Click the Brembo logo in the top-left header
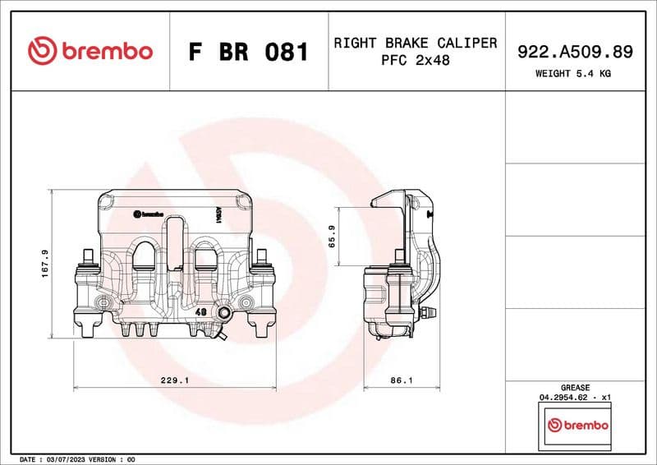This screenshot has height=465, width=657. click(90, 51)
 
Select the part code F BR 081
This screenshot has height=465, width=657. click(248, 52)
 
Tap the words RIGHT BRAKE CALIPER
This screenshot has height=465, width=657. click(415, 43)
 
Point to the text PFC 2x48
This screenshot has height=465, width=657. click(415, 61)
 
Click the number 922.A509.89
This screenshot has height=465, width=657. click(574, 52)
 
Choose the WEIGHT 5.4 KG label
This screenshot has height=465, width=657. click(574, 73)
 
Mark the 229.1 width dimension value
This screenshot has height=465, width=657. click(175, 381)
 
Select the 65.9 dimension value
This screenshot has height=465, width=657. click(332, 237)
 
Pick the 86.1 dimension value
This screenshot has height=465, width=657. click(400, 381)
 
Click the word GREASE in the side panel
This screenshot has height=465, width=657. click(574, 387)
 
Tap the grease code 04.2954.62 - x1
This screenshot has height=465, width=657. click(574, 397)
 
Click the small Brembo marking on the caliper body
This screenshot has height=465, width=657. click(148, 213)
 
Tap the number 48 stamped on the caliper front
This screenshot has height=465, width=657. click(201, 311)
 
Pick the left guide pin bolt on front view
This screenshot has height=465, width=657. click(87, 261)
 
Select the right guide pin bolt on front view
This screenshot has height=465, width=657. click(262, 261)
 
